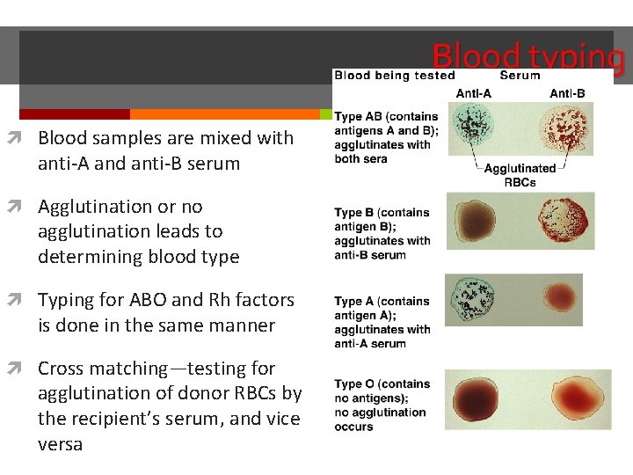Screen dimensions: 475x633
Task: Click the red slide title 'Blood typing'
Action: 527,57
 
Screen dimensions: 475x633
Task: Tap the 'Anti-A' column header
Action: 475,93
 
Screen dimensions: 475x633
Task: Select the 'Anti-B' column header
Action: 567,93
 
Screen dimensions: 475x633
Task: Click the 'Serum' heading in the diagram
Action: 520,76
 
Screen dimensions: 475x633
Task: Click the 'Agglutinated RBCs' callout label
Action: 520,175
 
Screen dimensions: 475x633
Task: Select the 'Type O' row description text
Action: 382,406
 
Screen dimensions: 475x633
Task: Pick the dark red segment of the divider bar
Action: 75,114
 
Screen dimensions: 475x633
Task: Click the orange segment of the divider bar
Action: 224,114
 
